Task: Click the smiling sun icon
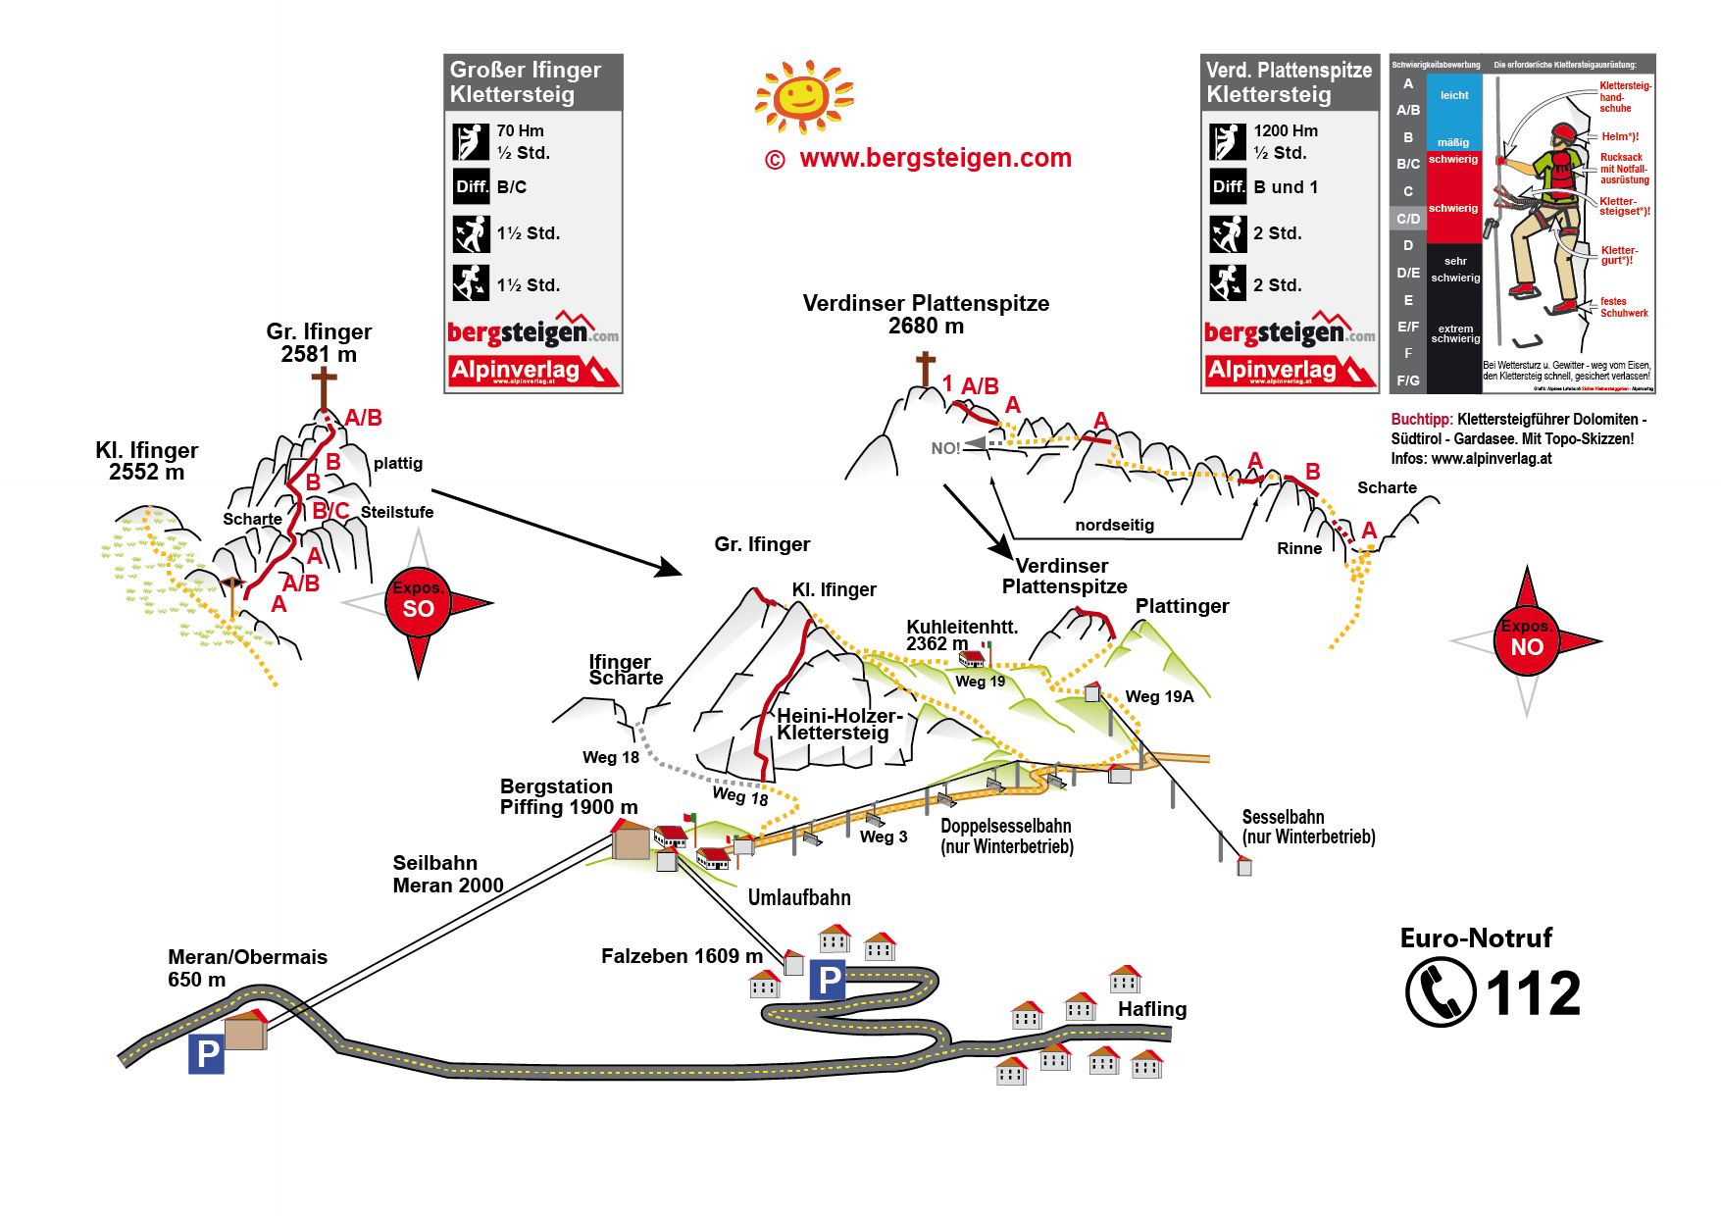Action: pyautogui.click(x=803, y=96)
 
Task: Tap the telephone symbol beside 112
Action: pyautogui.click(x=1440, y=991)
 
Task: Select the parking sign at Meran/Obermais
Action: pyautogui.click(x=206, y=1054)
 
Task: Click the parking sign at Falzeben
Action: pyautogui.click(x=829, y=980)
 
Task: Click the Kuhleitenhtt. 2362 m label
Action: pyautogui.click(x=961, y=634)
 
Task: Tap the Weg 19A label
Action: pyautogui.click(x=1159, y=696)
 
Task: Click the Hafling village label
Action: pyautogui.click(x=1152, y=1009)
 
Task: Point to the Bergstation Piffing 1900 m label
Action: pyautogui.click(x=568, y=796)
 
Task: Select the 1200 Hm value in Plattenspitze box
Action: pyautogui.click(x=1286, y=130)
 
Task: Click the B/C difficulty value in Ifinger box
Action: pyautogui.click(x=512, y=186)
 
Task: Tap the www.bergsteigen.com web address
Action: pyautogui.click(x=935, y=158)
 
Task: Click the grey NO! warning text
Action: pyautogui.click(x=945, y=448)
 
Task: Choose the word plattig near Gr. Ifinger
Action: pyautogui.click(x=398, y=463)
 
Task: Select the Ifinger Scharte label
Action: pyautogui.click(x=626, y=670)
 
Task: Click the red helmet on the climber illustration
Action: pyautogui.click(x=1563, y=132)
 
